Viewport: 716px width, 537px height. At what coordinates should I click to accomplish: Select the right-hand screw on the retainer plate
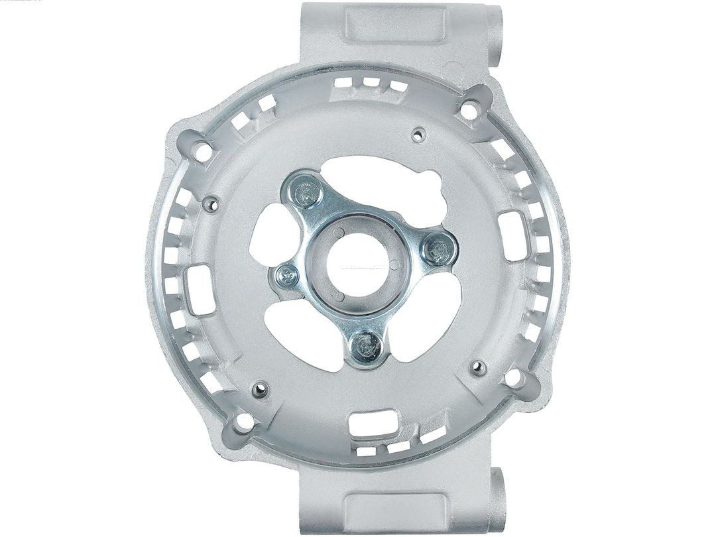(438, 249)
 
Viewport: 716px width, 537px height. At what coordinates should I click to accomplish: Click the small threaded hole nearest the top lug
(417, 135)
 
